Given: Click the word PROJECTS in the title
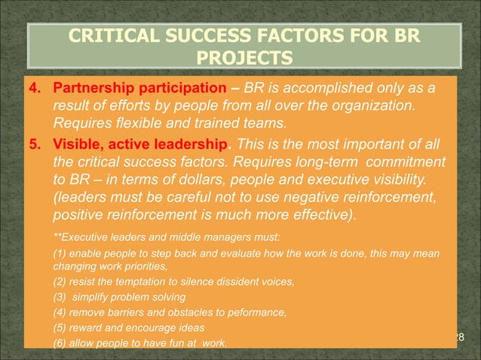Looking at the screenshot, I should click(x=240, y=58).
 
